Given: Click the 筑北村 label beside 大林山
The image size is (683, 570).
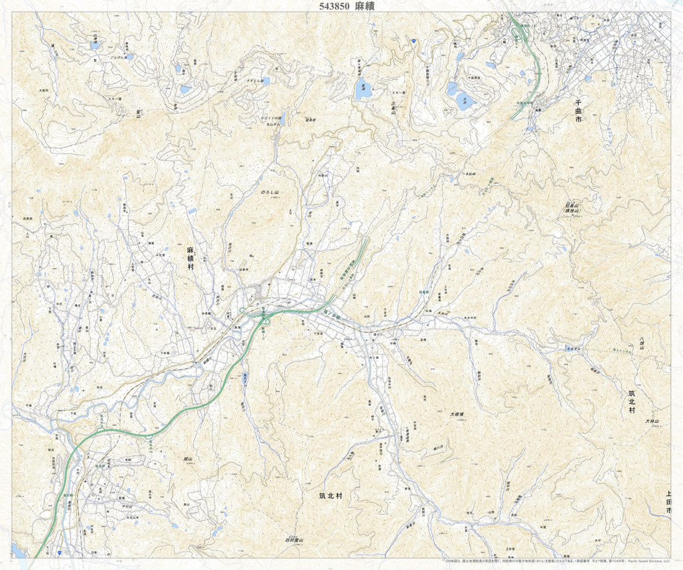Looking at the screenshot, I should (x=632, y=401).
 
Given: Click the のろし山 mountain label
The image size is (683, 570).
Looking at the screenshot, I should (x=270, y=193).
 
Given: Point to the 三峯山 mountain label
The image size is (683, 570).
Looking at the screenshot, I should (x=393, y=107).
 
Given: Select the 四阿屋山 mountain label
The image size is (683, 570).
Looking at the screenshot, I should (x=294, y=539).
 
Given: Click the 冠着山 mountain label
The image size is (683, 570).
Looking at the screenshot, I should (x=571, y=206).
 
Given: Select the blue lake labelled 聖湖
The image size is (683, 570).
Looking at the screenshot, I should (x=363, y=90).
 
